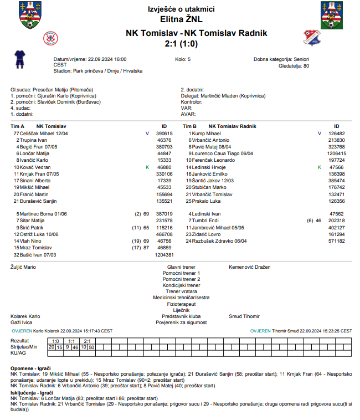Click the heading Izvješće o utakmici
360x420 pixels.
(181, 9)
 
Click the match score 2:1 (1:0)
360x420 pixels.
(181, 43)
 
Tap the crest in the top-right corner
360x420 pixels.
(332, 15)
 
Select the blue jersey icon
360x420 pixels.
(20, 57)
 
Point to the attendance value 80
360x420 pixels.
(306, 65)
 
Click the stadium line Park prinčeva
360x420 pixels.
(98, 71)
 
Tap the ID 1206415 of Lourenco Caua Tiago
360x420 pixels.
(337, 153)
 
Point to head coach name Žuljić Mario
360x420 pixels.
(23, 267)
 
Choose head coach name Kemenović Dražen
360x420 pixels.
(249, 267)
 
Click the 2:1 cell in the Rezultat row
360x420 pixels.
(88, 341)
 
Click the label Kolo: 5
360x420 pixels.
(183, 59)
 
